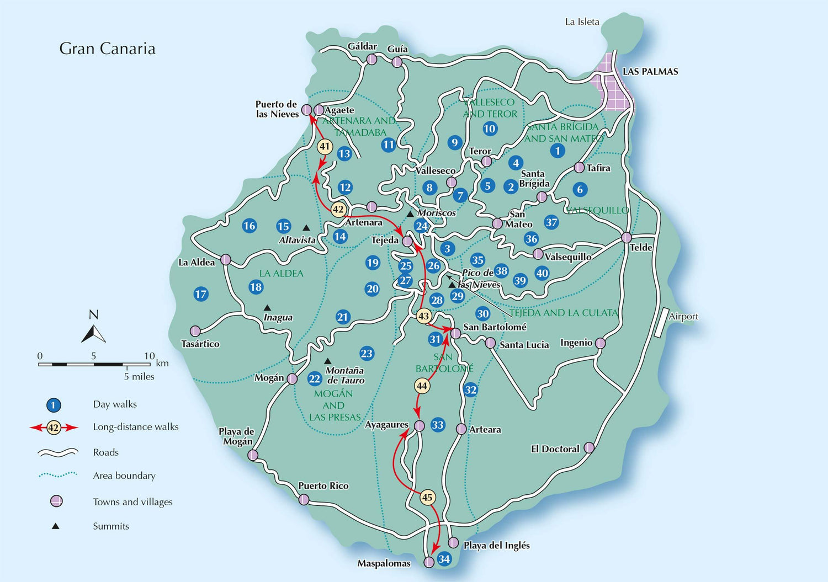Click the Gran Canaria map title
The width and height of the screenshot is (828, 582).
[x=107, y=49]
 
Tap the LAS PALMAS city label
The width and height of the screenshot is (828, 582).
[x=650, y=72]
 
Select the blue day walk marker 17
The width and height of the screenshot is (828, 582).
[x=201, y=294]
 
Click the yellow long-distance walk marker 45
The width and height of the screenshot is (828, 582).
[x=427, y=498]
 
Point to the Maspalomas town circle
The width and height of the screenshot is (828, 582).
[x=429, y=562]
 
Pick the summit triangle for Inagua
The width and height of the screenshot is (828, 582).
[x=267, y=308]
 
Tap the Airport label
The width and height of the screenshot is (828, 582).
[x=683, y=317]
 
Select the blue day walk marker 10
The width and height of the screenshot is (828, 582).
[x=490, y=129]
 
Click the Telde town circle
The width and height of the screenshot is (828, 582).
[x=626, y=238]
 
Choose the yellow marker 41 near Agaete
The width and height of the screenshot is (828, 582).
[x=325, y=147]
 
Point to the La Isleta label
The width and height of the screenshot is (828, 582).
[x=582, y=22]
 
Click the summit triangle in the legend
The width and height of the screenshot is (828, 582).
[x=55, y=526]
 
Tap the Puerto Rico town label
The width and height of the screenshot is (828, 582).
[x=323, y=486]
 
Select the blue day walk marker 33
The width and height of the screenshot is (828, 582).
[x=438, y=425]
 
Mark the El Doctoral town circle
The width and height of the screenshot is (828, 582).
[x=589, y=447]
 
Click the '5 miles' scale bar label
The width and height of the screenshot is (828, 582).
[x=139, y=377]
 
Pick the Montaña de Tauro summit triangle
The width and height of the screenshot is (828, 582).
[x=327, y=361]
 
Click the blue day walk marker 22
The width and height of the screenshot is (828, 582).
[x=315, y=378]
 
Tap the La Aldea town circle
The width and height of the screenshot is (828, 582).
[x=225, y=259]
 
